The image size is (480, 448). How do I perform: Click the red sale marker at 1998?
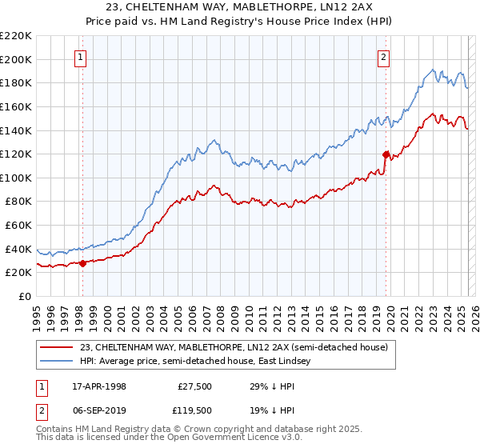point(82,263)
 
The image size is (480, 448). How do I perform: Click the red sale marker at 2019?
point(386,154)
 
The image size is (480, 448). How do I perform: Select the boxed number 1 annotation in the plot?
point(82,57)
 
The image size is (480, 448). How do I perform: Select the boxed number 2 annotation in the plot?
point(384,57)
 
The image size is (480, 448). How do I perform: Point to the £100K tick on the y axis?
point(17,178)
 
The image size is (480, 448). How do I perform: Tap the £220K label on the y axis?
point(17,36)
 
